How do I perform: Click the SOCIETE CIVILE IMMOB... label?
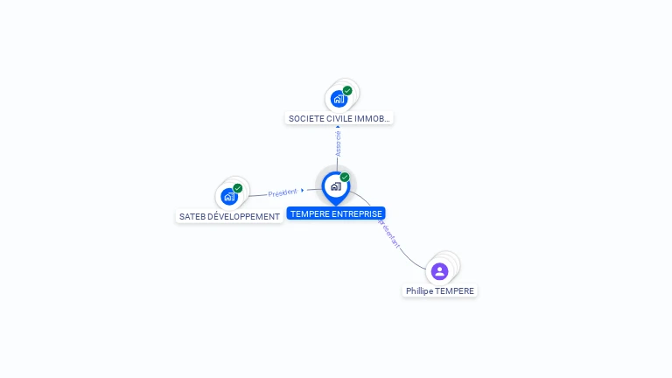[340, 118]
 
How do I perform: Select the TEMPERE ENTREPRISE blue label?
[336, 213]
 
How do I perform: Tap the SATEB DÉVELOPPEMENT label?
[229, 216]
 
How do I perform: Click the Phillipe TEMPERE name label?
[440, 290]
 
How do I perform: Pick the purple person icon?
[440, 271]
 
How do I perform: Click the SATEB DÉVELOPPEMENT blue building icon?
[229, 196]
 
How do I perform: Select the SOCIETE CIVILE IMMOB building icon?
[339, 98]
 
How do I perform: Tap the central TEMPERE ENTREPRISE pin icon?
[335, 185]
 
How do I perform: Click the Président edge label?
[282, 192]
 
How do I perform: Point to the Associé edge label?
[339, 143]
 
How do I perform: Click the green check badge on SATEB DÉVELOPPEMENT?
[238, 188]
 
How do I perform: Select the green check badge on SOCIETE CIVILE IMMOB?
[347, 90]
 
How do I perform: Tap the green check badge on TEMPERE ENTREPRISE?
[345, 178]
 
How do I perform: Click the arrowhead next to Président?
[303, 190]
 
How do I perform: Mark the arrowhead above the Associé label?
[338, 127]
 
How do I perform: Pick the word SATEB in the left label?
[192, 216]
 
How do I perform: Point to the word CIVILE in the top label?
[337, 118]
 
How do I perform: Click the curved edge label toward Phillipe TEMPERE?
[390, 234]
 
